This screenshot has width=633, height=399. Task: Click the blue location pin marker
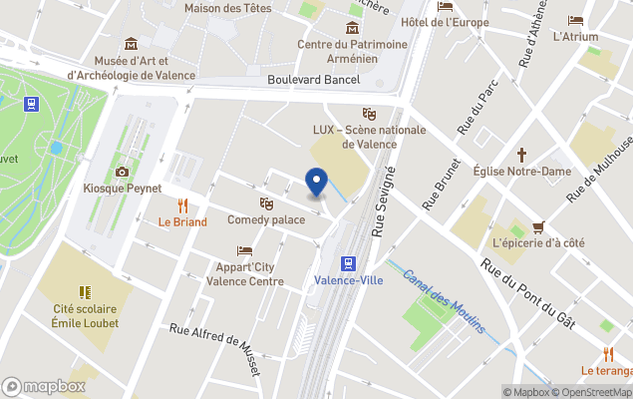[316, 183]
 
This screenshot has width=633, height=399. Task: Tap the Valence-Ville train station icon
[348, 263]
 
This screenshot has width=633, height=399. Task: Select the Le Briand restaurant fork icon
[182, 205]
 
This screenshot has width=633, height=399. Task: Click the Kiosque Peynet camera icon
[123, 172]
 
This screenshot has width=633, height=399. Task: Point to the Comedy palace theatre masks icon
[266, 202]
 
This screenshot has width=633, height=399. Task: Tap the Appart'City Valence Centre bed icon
[244, 250]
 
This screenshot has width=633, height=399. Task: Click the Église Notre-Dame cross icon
[521, 155]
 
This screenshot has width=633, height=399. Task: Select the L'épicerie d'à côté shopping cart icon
[538, 226]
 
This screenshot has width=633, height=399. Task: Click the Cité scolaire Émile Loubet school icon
[85, 291]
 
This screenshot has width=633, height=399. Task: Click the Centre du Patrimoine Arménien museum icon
[352, 27]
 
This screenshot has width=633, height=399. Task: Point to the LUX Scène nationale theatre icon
[369, 114]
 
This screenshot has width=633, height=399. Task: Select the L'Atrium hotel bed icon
[575, 20]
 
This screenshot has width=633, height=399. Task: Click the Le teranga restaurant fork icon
[608, 354]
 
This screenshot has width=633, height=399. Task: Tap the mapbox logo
[44, 386]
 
